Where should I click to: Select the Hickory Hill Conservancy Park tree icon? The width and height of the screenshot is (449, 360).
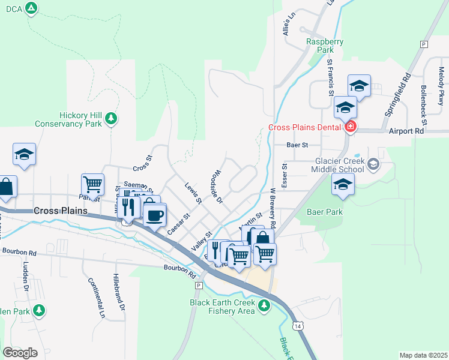click(110, 119)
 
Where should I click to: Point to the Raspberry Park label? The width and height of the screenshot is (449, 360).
click(325, 46)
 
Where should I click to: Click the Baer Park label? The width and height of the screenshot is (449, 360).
click(324, 212)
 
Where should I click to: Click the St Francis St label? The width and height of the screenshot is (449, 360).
click(330, 77)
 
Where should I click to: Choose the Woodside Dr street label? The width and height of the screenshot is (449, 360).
click(217, 185)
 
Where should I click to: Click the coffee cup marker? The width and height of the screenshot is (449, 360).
click(155, 215)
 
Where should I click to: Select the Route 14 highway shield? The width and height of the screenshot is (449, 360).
click(298, 325)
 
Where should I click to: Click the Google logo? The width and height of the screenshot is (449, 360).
click(20, 352)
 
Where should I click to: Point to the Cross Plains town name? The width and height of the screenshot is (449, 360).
click(61, 211)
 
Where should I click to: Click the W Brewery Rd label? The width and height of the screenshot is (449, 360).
click(273, 208)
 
